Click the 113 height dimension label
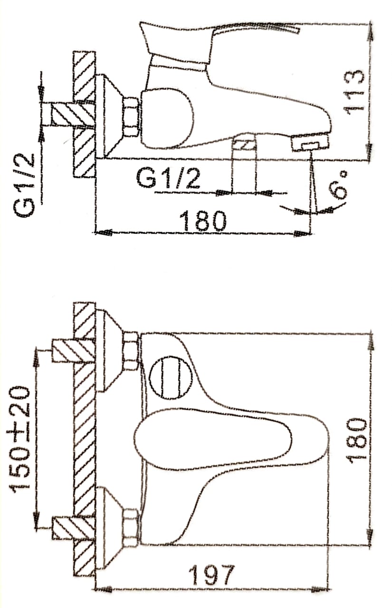click(354, 94)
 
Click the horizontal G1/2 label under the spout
click(168, 178)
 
